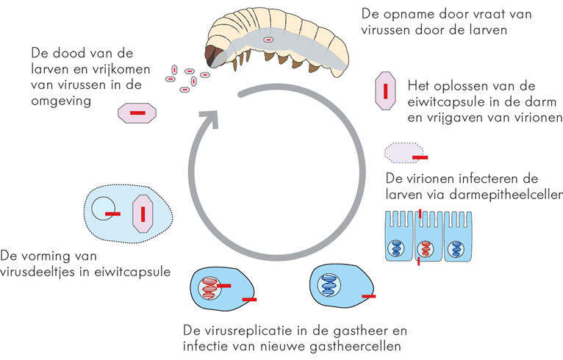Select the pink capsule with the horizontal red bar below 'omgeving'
[137, 113]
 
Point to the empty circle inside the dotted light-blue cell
[104, 210]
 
